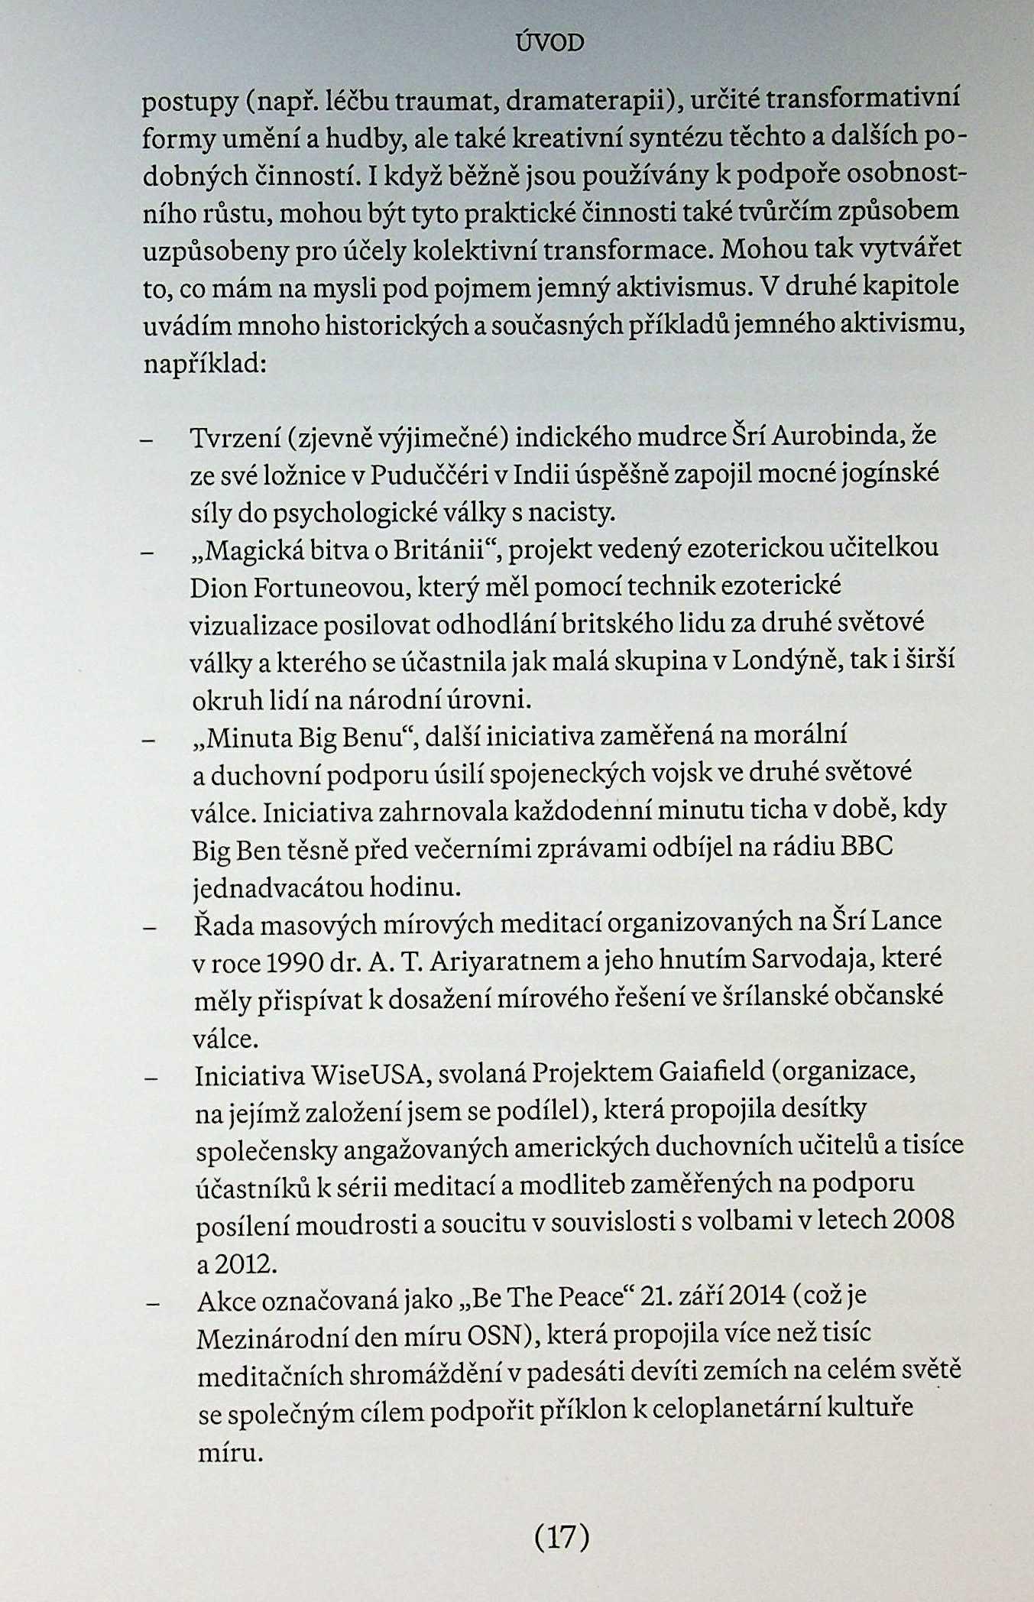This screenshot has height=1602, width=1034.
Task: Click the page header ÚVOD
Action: click(x=549, y=44)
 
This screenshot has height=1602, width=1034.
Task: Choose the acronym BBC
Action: click(x=865, y=848)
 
